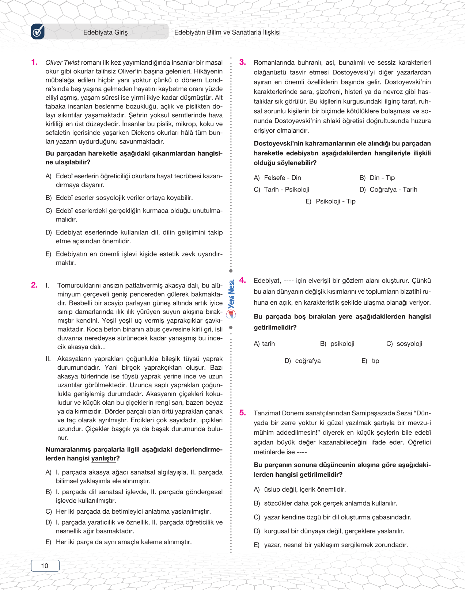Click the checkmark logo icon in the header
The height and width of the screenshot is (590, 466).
(38, 32)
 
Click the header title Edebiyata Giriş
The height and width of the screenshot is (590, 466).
(105, 33)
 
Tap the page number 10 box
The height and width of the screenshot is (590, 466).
(45, 566)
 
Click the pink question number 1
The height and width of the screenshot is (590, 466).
(34, 62)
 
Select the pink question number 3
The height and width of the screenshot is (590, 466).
(242, 62)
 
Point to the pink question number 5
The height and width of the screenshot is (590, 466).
(242, 413)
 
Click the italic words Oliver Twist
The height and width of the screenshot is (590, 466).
(62, 62)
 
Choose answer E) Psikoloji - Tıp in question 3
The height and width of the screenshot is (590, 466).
(330, 201)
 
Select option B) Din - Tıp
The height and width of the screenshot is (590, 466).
(377, 178)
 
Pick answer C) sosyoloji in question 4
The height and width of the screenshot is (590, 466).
(404, 344)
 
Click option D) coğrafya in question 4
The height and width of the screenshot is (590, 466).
(303, 361)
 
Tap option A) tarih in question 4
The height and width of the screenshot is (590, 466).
(264, 344)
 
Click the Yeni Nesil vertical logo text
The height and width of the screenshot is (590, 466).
(231, 294)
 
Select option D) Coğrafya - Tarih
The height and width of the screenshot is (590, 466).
(388, 190)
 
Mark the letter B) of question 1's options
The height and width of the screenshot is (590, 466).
(49, 198)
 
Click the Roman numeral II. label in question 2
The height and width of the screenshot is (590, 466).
(48, 359)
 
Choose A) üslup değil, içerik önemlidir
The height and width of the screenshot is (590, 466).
(300, 490)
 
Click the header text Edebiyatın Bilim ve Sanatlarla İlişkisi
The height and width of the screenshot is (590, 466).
(227, 33)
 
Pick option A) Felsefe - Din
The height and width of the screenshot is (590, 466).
(277, 178)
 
